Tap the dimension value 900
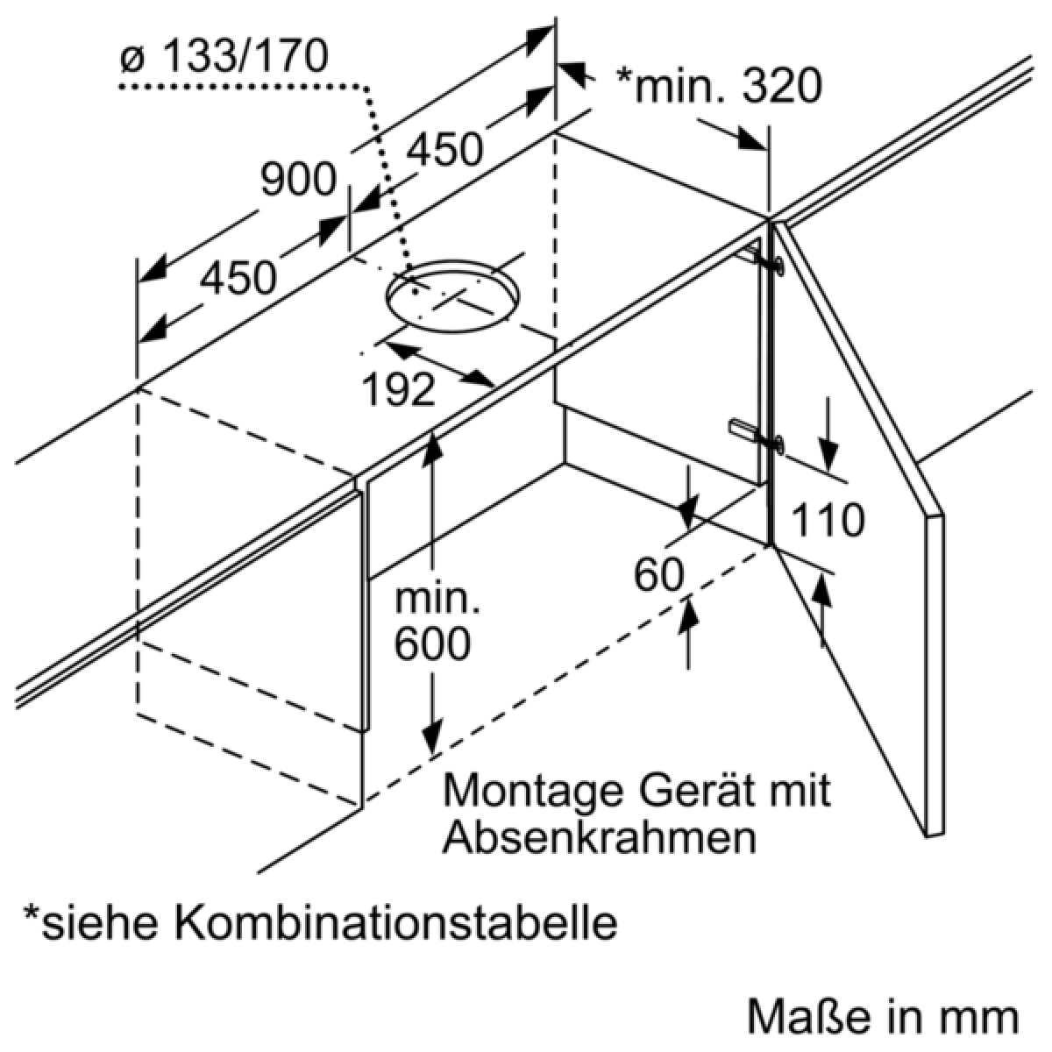[x=299, y=180]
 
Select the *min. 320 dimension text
[x=719, y=86]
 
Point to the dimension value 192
[x=399, y=388]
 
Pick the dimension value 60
[x=658, y=575]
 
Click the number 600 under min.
[x=432, y=645]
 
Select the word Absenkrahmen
[x=600, y=838]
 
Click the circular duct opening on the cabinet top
[x=452, y=299]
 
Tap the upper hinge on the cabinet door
[x=763, y=260]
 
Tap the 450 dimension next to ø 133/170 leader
[x=445, y=149]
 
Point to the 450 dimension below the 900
[x=238, y=278]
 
